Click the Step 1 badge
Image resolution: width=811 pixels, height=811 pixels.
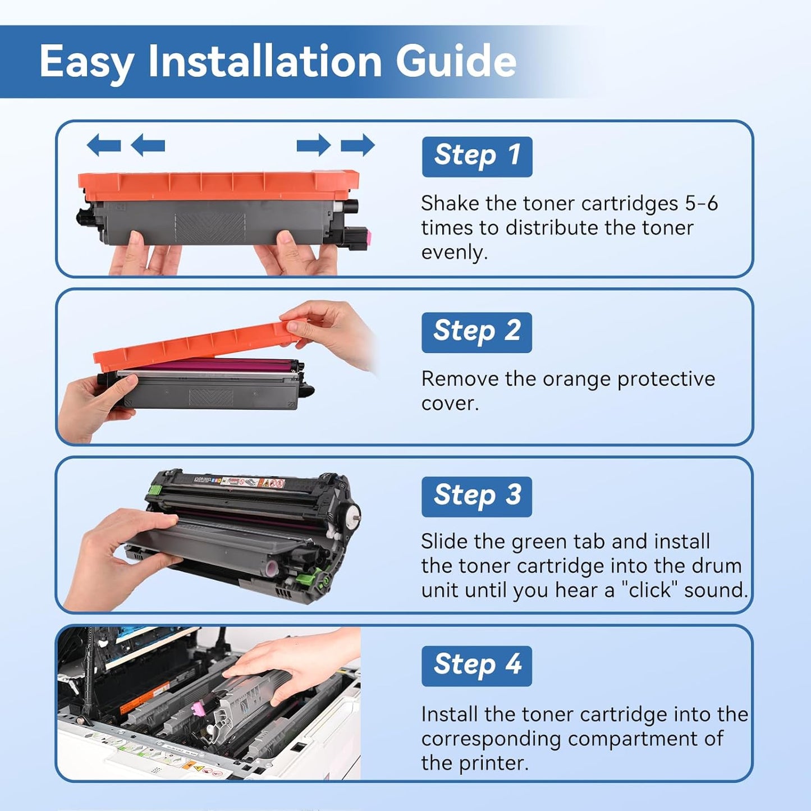[476, 156]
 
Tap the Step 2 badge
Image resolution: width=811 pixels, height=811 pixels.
[476, 332]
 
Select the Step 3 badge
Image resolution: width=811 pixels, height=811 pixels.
[476, 496]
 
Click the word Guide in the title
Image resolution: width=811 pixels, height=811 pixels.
[455, 61]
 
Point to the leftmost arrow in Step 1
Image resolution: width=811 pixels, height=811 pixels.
[104, 145]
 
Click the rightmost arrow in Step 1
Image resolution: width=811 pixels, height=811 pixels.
[358, 145]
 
